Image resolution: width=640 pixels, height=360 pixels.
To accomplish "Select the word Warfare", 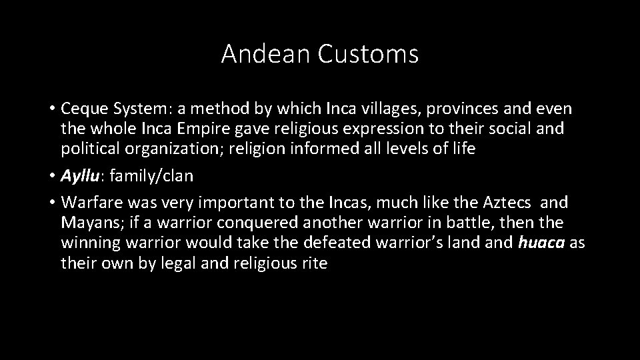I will (x=89, y=202).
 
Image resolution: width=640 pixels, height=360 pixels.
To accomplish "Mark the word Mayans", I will (x=86, y=223).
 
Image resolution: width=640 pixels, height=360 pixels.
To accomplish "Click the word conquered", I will (x=267, y=223).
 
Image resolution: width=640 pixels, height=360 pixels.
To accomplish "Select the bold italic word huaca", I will (x=541, y=243).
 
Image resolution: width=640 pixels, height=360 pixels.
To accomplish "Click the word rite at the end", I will (x=314, y=263).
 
